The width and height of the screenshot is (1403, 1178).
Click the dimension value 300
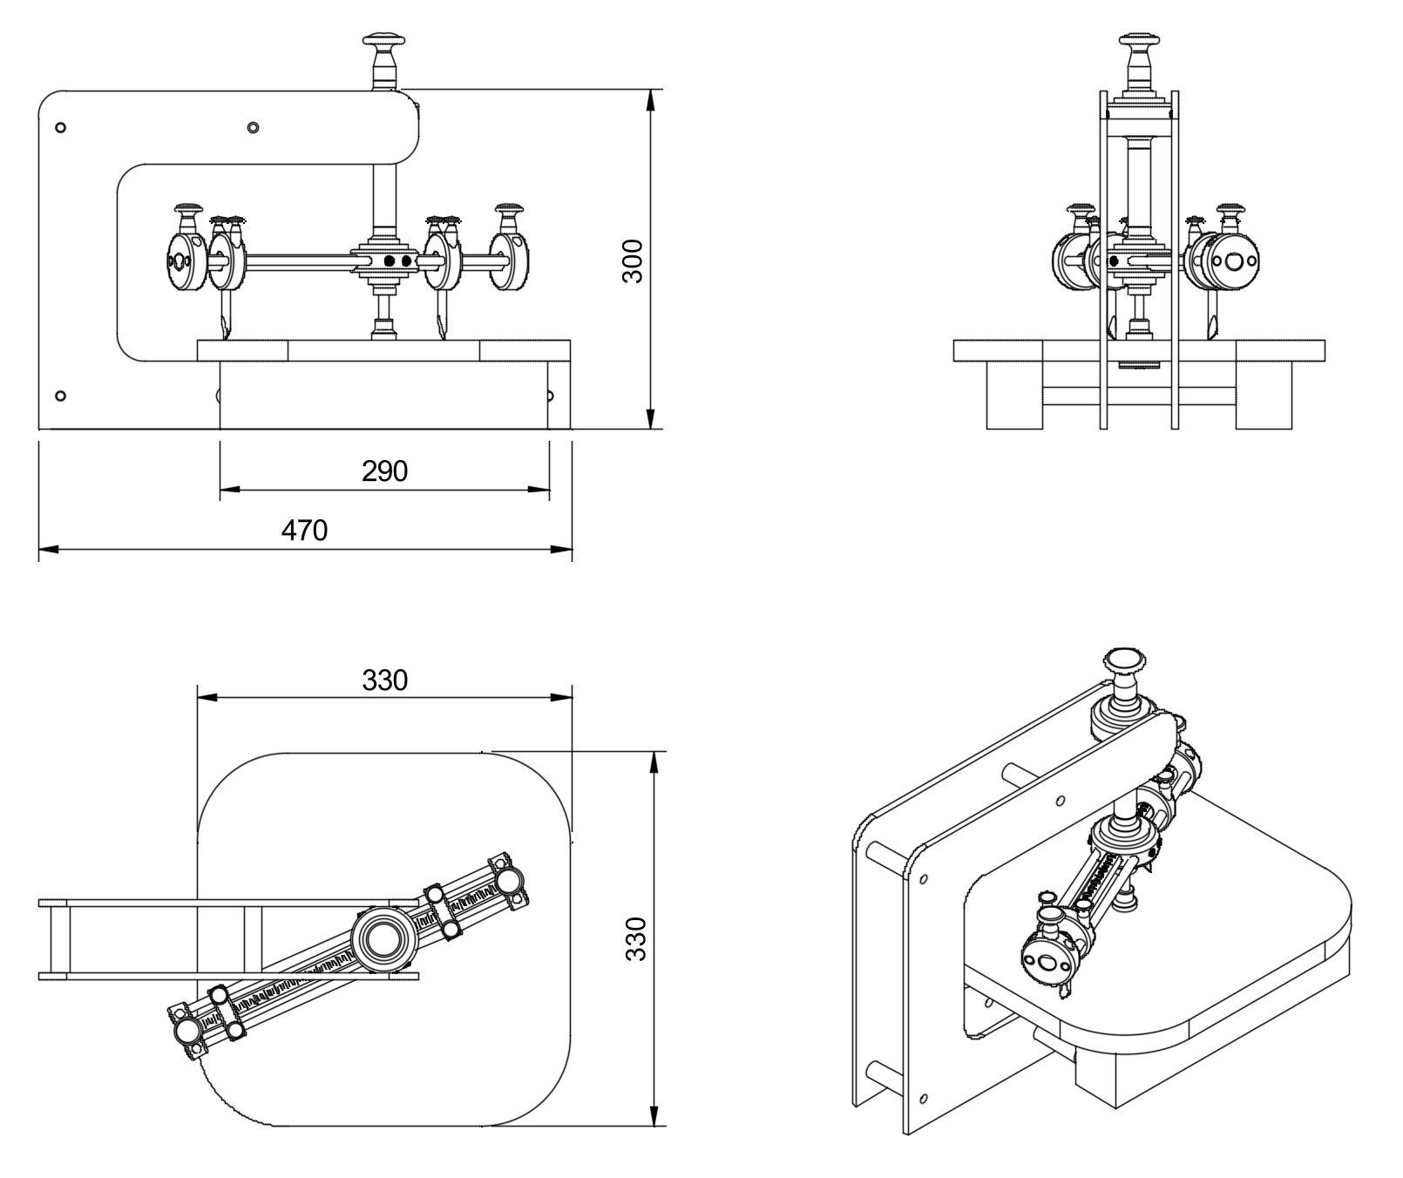pos(634,260)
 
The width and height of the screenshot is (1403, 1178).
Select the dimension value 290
pos(384,471)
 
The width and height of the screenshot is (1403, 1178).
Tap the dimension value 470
pos(304,530)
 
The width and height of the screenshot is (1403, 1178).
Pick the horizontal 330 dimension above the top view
pos(384,680)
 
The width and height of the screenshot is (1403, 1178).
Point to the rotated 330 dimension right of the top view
pos(637,938)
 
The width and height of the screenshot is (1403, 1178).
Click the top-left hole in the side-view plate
pos(60,128)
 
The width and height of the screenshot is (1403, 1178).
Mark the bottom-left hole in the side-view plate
pos(60,396)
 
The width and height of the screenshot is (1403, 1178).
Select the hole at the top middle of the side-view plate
pos(253,128)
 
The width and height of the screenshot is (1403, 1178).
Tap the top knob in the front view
pos(1139,42)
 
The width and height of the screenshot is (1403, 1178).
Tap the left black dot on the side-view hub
pos(390,261)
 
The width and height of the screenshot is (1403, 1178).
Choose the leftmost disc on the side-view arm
pos(181,261)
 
